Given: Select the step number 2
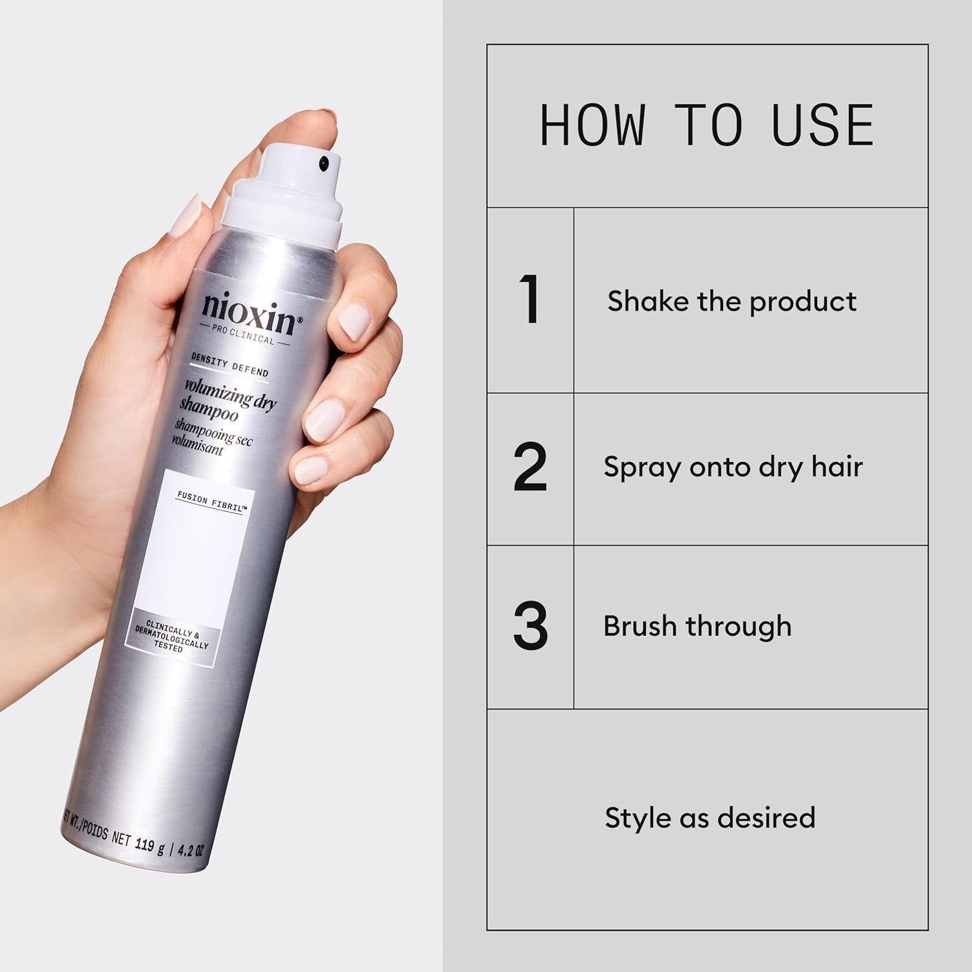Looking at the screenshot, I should tap(531, 467).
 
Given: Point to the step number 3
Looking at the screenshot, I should tap(531, 627).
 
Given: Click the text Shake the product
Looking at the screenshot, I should tap(732, 301).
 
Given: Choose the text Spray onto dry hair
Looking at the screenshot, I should tap(733, 467).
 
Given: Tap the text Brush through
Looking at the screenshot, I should tap(697, 627).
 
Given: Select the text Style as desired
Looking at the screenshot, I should tap(710, 818).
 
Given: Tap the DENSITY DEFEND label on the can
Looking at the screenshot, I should tap(229, 366).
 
